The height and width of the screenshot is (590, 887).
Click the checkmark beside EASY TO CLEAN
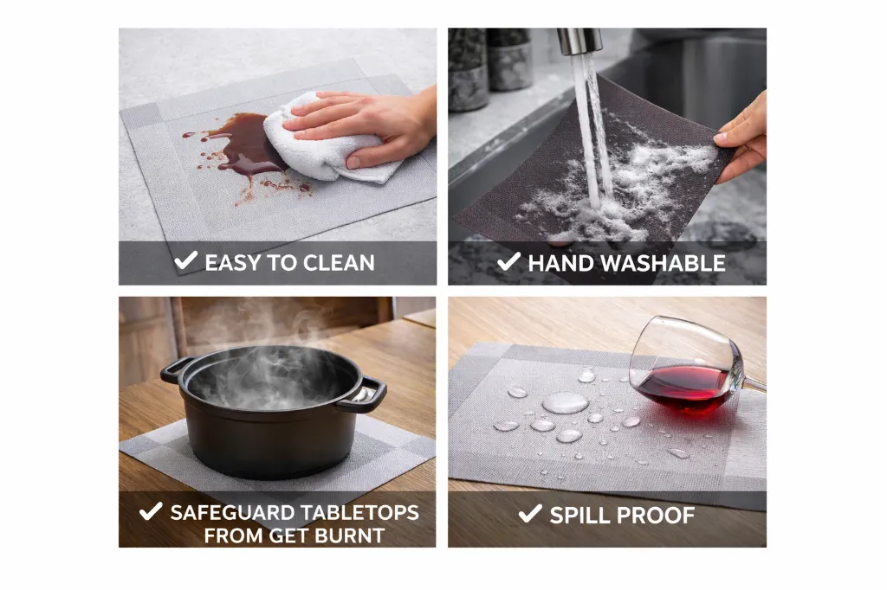click(x=185, y=260)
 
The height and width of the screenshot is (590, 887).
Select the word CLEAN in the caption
click(x=339, y=263)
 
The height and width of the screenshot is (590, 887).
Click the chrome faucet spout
click(x=579, y=42)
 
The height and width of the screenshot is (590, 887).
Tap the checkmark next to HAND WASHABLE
click(x=508, y=261)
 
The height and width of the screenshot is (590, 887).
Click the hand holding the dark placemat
click(x=742, y=138)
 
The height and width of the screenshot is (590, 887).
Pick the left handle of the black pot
click(x=174, y=369)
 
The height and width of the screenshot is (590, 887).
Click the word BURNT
click(x=350, y=535)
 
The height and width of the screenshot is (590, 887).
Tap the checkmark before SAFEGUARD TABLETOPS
click(x=151, y=511)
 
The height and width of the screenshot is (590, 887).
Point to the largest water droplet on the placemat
click(x=565, y=403)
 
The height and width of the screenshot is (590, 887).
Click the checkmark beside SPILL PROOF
click(x=530, y=513)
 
